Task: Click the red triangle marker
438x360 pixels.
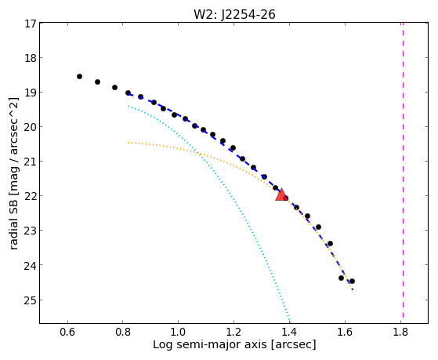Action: [281, 195]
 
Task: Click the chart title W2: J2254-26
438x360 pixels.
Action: [234, 14]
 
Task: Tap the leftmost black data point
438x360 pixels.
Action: [79, 76]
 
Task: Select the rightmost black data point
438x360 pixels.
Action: [352, 281]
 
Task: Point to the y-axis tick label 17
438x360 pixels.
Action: [30, 24]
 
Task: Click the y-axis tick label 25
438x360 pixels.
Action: [30, 300]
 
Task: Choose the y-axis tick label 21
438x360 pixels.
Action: [30, 162]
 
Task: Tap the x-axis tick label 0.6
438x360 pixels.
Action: [67, 332]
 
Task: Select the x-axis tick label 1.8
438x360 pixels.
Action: [400, 332]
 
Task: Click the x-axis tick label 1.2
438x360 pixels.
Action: [233, 332]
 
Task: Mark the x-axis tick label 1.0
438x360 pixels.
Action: [178, 332]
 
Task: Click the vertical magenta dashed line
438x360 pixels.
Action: [403, 170]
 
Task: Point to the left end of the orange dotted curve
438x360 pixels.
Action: [129, 143]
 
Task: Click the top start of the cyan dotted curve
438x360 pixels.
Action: [129, 106]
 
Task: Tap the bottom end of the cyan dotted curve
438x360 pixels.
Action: [290, 322]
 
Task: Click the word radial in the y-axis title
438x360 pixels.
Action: [13, 235]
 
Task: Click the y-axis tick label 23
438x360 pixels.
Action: [30, 231]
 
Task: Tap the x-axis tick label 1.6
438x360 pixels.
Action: [345, 332]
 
